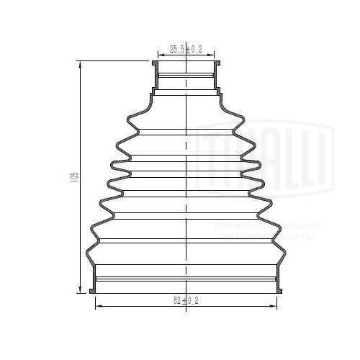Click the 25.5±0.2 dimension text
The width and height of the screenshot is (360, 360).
[186, 49]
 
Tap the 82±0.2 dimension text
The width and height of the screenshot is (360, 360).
[186, 301]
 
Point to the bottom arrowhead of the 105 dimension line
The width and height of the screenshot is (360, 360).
[79, 290]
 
